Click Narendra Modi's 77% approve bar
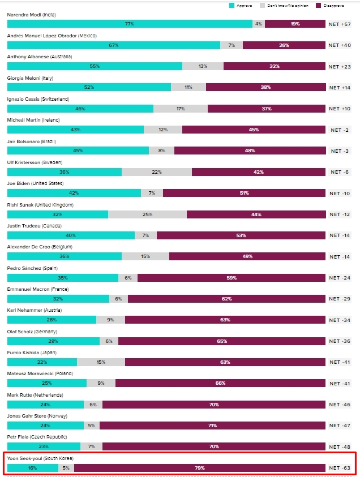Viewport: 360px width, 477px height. (x=130, y=24)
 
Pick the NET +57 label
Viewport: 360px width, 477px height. (x=340, y=24)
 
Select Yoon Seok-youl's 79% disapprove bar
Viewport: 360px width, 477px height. (x=199, y=469)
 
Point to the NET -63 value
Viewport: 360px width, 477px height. (x=340, y=469)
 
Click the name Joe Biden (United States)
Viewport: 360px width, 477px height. (x=35, y=183)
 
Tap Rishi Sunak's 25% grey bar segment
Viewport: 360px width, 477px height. (x=147, y=215)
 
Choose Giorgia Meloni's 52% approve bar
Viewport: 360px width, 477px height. (x=89, y=88)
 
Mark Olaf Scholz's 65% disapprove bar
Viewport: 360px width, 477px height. (x=221, y=342)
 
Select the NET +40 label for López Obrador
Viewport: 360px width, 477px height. (x=340, y=45)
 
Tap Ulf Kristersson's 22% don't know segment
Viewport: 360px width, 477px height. (x=157, y=173)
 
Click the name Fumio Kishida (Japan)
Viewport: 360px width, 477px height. (x=31, y=353)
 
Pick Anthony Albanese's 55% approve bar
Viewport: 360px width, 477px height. (x=95, y=67)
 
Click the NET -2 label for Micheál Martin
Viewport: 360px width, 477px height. (x=340, y=130)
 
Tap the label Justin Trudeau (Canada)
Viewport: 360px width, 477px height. (x=34, y=226)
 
